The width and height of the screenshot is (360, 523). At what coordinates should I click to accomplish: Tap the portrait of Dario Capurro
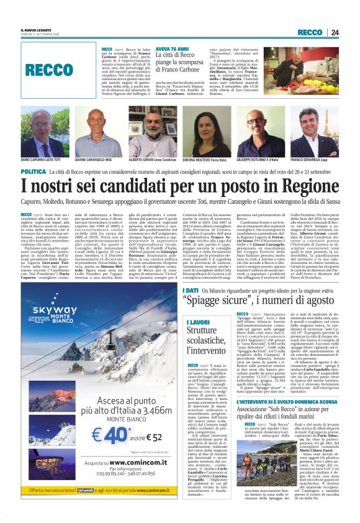(44, 130)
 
